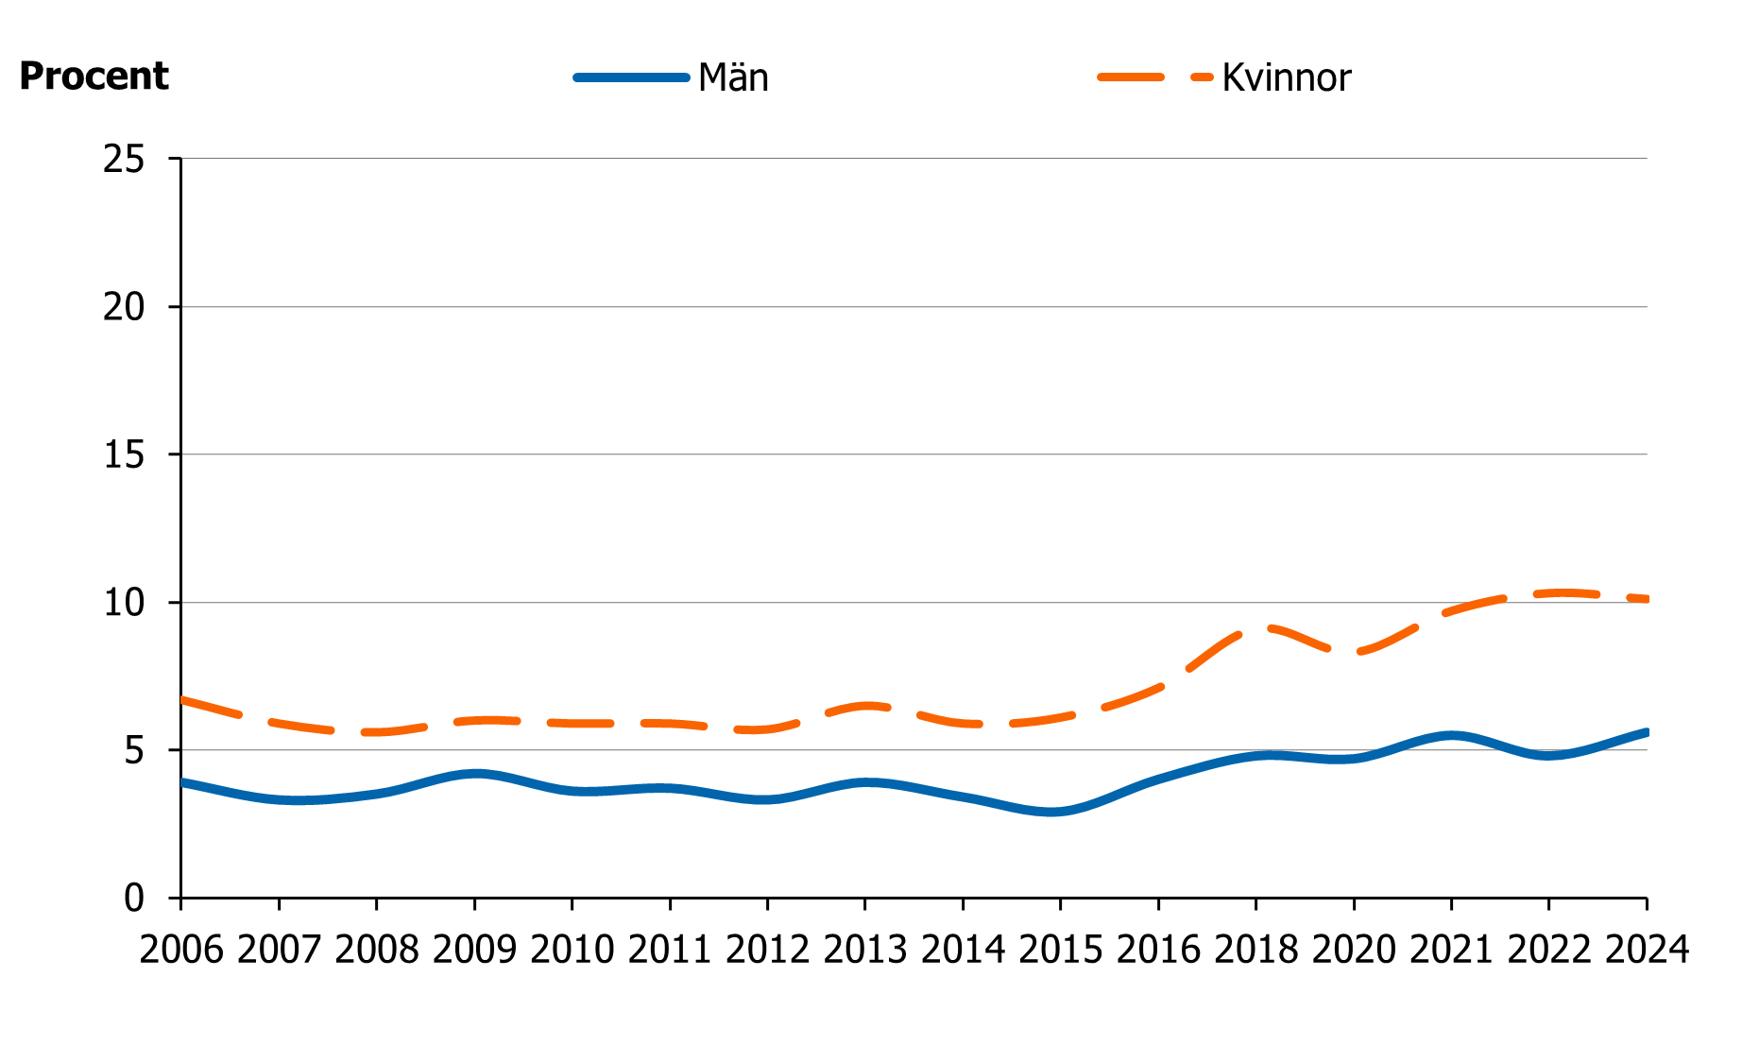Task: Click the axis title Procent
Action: (94, 77)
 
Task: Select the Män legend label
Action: (733, 77)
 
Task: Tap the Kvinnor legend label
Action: (1286, 77)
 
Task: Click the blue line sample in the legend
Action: (631, 77)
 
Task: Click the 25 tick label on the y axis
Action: (124, 159)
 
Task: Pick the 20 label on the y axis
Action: (124, 307)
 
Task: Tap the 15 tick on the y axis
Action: (124, 454)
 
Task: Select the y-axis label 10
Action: (124, 603)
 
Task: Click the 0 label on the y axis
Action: (134, 898)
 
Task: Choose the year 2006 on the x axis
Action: (181, 950)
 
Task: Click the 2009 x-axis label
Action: (474, 950)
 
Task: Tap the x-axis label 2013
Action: (864, 950)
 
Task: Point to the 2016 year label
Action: (1158, 950)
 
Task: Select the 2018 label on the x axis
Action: (1255, 950)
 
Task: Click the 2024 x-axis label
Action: (1646, 950)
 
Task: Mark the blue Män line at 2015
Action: (1060, 811)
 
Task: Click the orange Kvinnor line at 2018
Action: (1255, 627)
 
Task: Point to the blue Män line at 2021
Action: (1451, 735)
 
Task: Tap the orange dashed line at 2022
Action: (1548, 593)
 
